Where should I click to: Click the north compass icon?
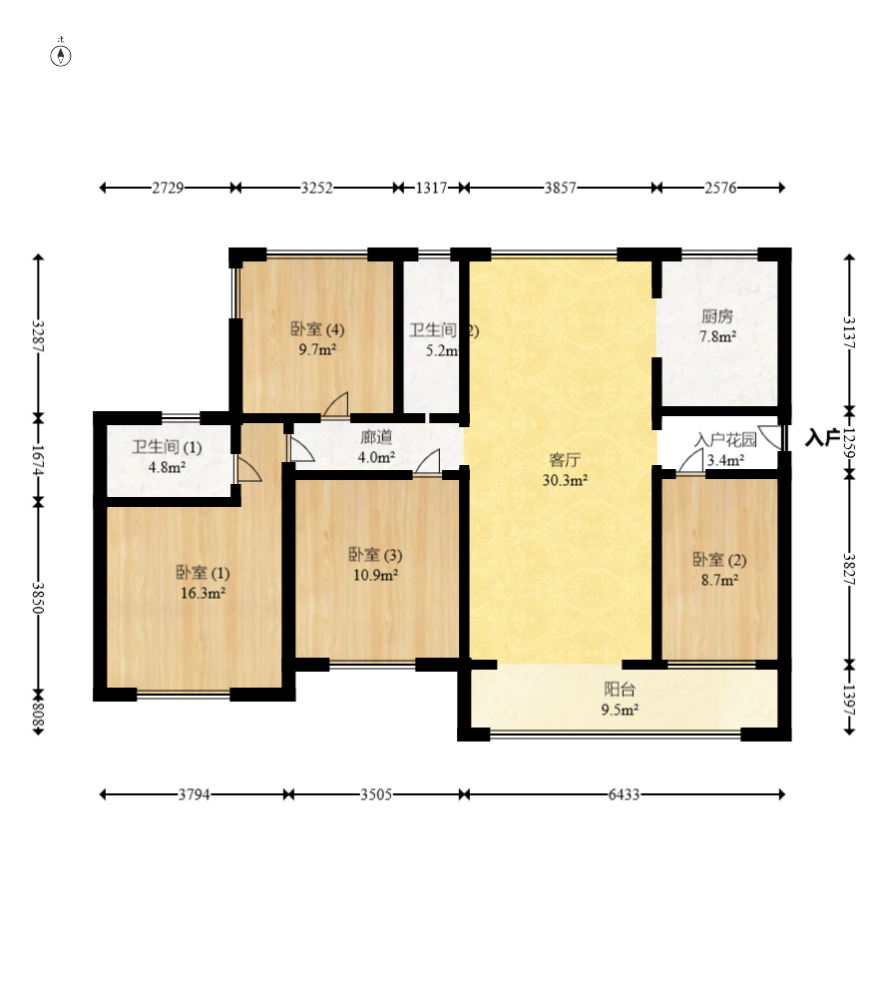(61, 56)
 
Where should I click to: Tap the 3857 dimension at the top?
(560, 188)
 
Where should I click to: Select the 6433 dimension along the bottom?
(624, 794)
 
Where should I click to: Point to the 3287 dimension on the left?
(39, 336)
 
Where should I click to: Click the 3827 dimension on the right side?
(849, 569)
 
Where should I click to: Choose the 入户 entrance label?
(821, 438)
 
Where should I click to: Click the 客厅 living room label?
(565, 460)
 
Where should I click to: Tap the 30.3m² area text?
(565, 481)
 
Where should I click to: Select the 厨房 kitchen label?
(717, 316)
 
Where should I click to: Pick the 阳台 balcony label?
(620, 690)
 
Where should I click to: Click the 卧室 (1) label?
(203, 573)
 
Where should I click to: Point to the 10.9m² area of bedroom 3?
(375, 575)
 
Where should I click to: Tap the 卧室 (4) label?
(317, 329)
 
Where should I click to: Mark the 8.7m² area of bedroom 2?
(719, 580)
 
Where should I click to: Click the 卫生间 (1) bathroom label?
(167, 447)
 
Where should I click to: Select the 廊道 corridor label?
(376, 437)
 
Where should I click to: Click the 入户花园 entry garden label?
(725, 440)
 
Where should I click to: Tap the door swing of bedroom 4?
(336, 404)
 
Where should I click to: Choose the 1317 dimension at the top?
(431, 188)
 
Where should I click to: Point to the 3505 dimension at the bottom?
(376, 794)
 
